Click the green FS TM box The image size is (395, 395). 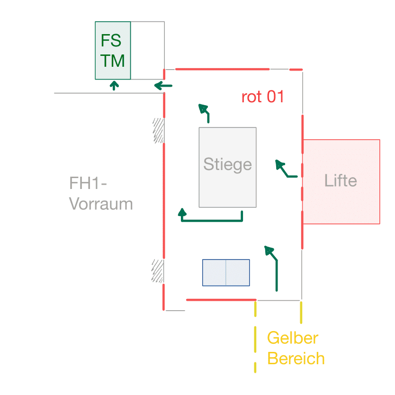point(113,50)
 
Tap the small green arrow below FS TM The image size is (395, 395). point(114,85)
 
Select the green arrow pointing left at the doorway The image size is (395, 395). point(163,86)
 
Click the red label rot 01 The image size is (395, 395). point(262,97)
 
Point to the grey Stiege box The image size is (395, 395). point(227,167)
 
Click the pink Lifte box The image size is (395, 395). point(341,181)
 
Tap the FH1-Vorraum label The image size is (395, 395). point(100,194)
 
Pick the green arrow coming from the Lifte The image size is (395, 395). point(285,170)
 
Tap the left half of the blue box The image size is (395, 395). point(214,272)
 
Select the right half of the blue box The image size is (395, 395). point(238,272)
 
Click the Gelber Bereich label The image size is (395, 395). point(296,348)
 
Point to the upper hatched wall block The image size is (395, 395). point(158,130)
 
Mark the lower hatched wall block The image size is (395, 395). point(158,271)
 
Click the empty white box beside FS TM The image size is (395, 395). point(147,50)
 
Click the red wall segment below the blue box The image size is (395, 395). point(221,300)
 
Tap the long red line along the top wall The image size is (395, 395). point(222,69)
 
